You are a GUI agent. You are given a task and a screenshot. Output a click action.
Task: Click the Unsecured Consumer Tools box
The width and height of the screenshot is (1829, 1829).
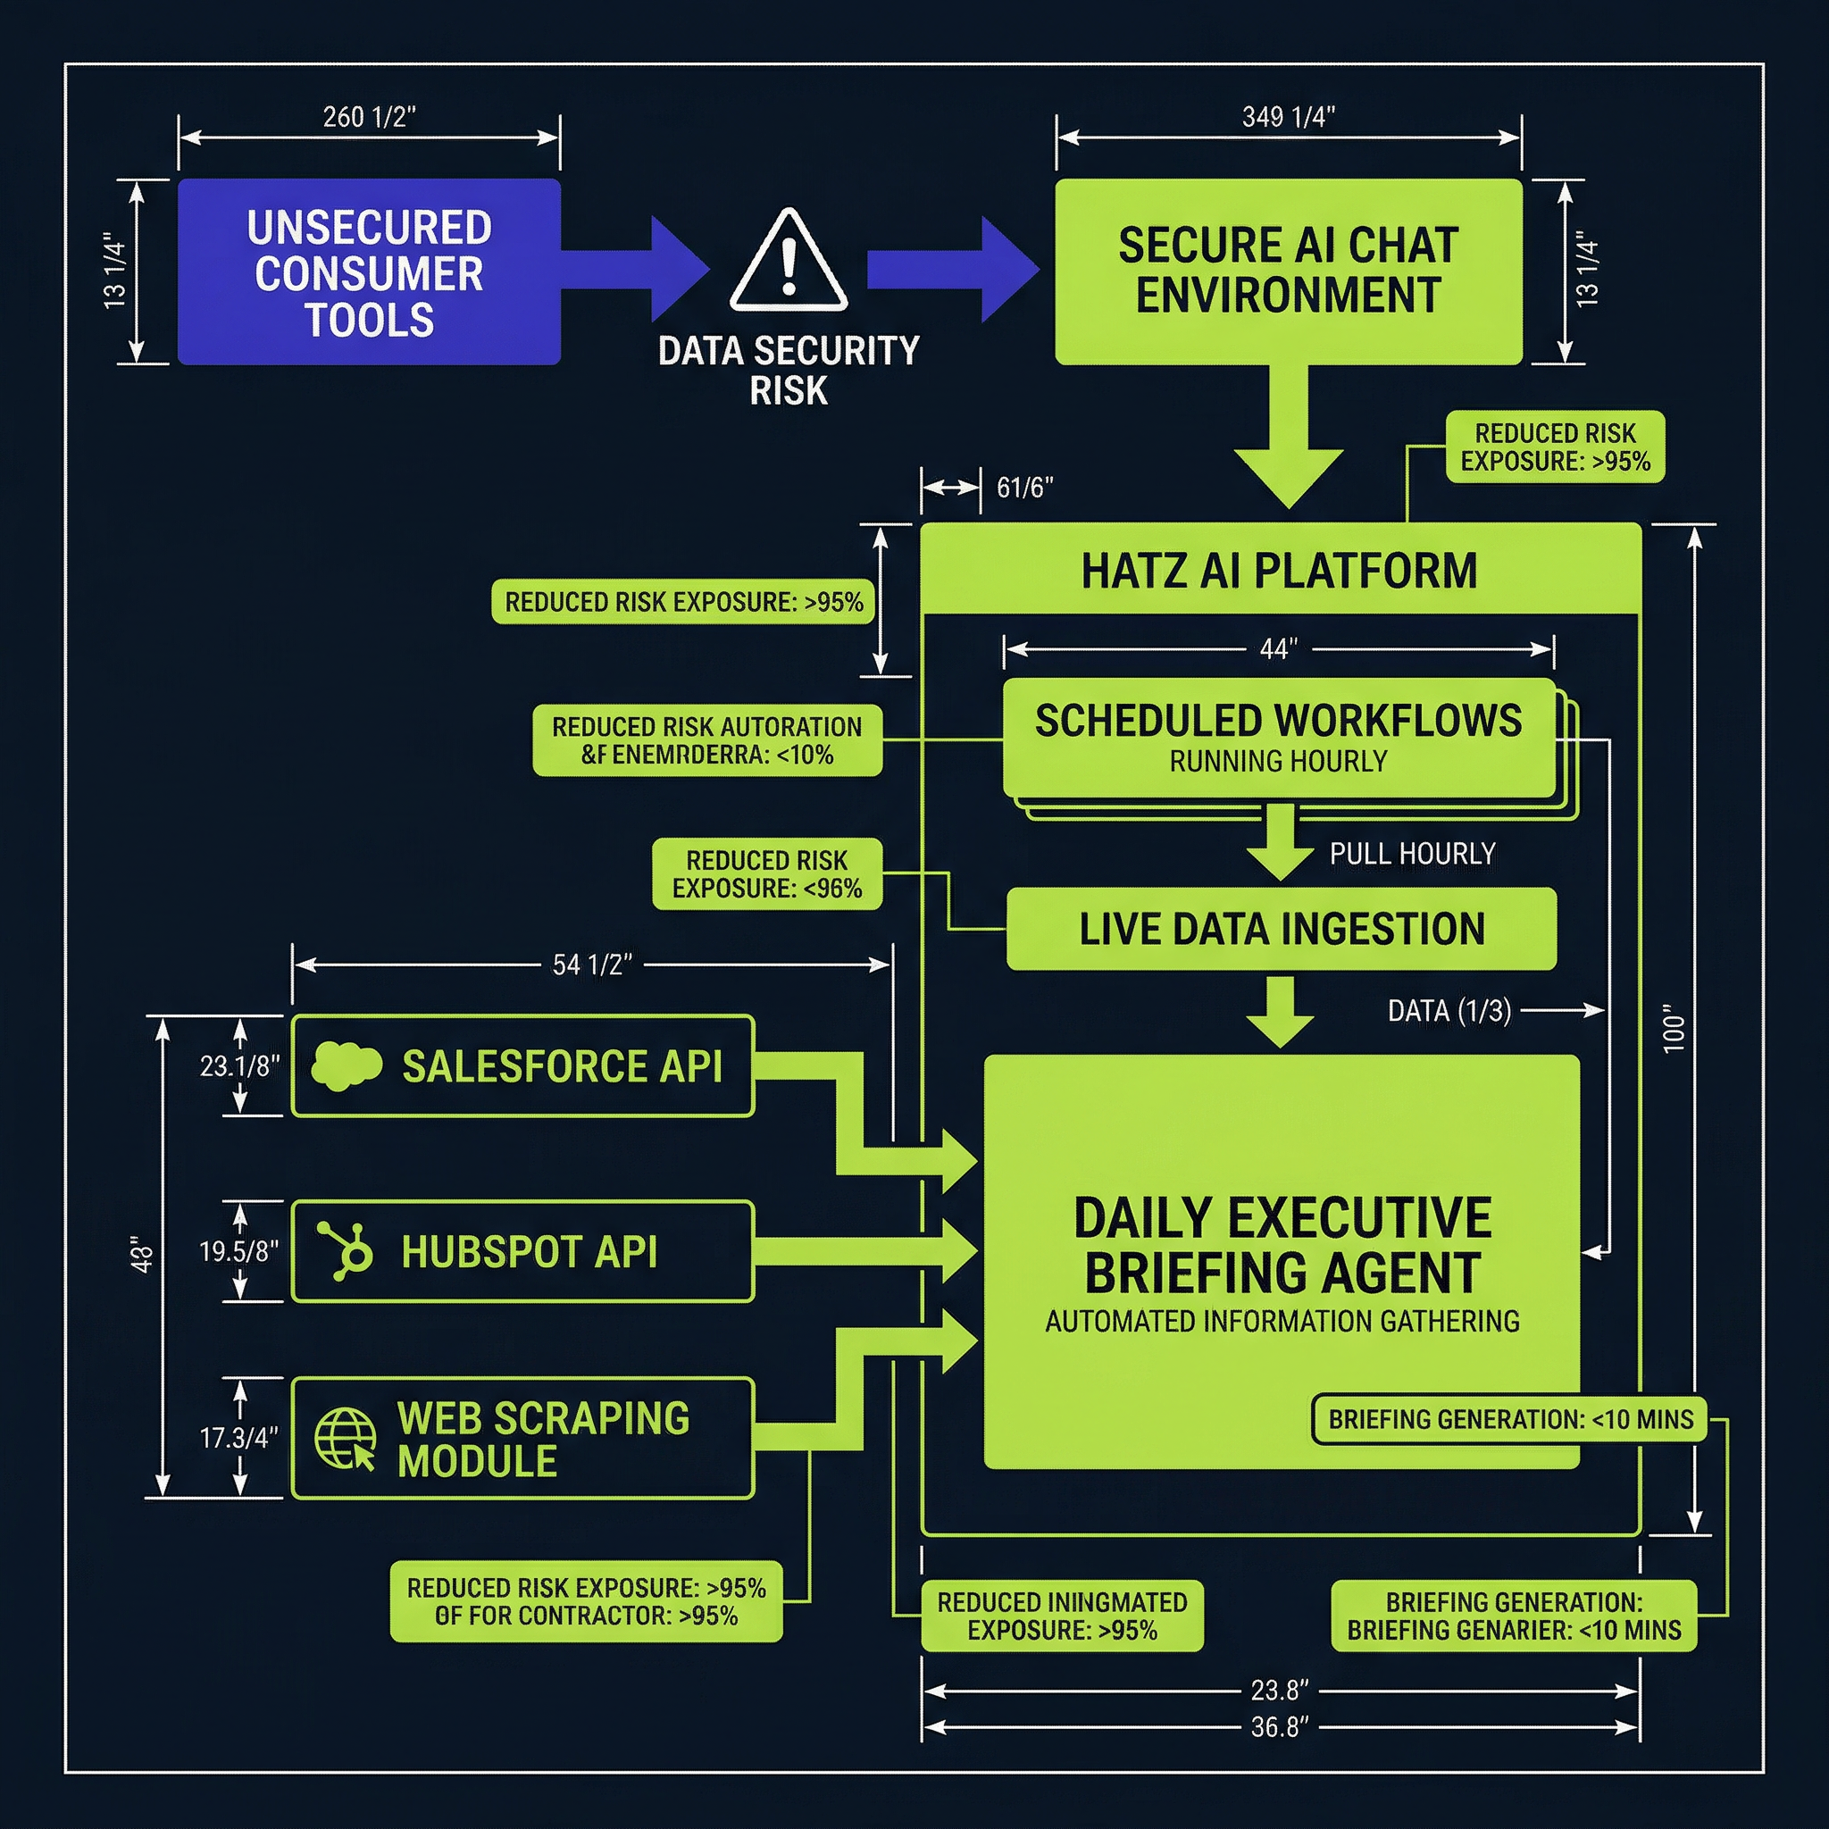coord(369,271)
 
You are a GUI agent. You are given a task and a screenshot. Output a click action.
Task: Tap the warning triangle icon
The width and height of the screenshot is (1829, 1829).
coord(789,261)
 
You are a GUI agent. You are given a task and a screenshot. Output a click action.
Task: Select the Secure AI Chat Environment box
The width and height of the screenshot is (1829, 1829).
coord(1288,271)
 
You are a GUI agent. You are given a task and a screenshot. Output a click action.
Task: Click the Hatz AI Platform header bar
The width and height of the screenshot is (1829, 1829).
coord(1280,571)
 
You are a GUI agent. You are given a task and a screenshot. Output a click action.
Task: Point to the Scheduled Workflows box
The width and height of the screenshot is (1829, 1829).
coord(1278,739)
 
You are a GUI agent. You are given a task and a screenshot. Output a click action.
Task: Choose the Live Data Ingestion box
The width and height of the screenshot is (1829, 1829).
coord(1281,929)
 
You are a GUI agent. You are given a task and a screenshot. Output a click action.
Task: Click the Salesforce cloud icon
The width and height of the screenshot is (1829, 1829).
coord(347,1066)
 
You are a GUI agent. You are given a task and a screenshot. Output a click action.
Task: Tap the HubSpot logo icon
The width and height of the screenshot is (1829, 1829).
coord(346,1250)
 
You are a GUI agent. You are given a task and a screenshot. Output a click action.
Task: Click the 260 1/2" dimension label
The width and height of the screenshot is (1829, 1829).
coord(369,117)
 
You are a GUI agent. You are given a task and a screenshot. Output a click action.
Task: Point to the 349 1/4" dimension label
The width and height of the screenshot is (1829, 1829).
coord(1289,117)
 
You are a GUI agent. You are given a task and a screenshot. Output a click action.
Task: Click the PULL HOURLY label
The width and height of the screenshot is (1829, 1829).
coord(1413,854)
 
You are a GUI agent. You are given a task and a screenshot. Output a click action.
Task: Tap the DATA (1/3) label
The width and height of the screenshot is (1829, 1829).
coord(1449,1011)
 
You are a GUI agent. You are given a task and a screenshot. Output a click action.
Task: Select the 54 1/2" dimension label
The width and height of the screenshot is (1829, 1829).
coord(592,965)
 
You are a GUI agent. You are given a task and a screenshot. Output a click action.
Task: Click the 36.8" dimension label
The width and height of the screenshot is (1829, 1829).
coord(1280,1728)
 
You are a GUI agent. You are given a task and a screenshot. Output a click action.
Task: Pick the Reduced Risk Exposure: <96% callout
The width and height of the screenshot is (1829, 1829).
coord(767,873)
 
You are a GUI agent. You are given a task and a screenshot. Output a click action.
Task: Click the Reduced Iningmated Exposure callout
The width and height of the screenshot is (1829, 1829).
coord(1062,1616)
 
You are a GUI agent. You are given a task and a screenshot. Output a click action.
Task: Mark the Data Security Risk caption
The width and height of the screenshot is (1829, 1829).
coord(789,370)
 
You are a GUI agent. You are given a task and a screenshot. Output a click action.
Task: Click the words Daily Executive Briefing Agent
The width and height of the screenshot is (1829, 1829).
coord(1282,1244)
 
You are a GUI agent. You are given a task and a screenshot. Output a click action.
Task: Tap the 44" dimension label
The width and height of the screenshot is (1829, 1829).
coord(1278,649)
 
